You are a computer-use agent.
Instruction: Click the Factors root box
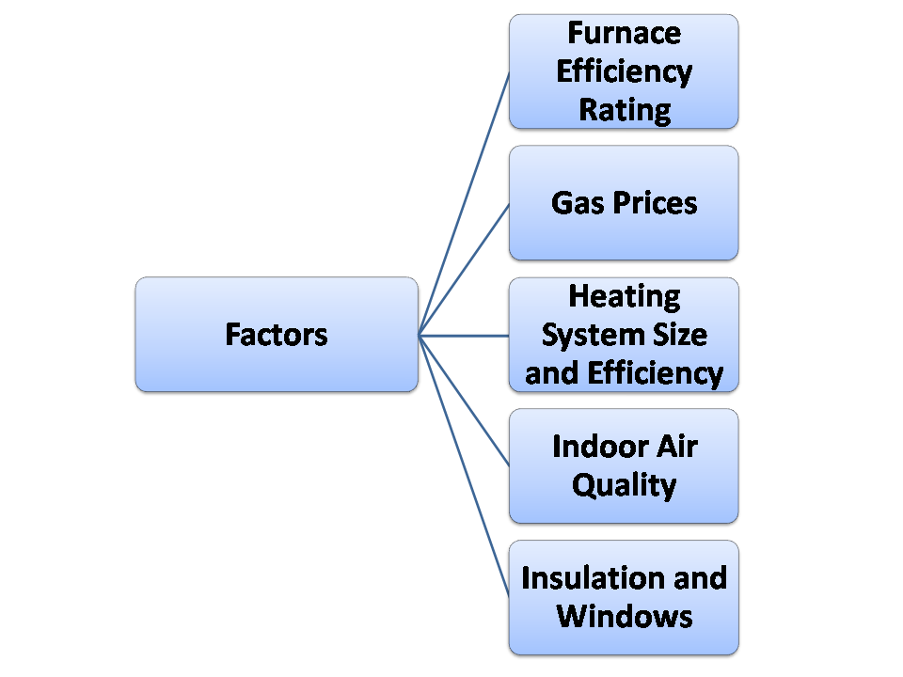point(276,334)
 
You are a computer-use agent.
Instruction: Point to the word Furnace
point(624,33)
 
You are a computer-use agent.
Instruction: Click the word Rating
point(624,109)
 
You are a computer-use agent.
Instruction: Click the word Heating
point(624,296)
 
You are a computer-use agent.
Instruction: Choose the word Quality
point(624,485)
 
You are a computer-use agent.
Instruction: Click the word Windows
point(624,616)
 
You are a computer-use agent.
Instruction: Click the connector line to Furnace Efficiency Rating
point(464,203)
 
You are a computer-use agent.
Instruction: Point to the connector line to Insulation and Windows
point(464,465)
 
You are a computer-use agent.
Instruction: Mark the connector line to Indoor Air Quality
point(464,400)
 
